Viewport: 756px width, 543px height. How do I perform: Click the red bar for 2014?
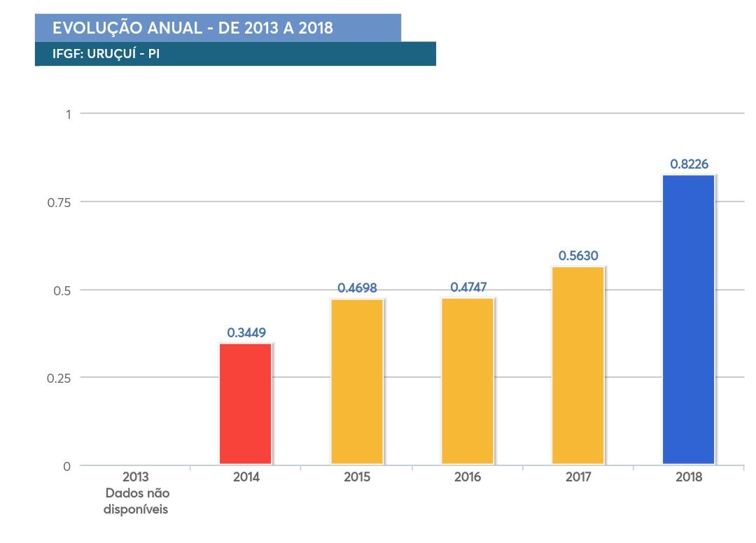(246, 404)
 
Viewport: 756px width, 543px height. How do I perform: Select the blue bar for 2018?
(688, 319)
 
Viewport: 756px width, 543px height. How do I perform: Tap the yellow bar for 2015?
(357, 381)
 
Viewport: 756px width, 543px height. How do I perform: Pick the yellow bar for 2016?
(468, 381)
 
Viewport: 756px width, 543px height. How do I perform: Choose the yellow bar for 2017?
(577, 365)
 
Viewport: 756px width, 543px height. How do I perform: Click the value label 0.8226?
(689, 164)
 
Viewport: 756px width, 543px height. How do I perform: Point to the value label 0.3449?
(246, 332)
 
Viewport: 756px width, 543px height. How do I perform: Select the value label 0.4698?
(357, 288)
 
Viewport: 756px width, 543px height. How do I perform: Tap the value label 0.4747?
(468, 287)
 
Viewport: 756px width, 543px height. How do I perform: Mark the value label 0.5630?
(577, 256)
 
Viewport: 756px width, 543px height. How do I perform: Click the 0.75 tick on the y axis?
(59, 202)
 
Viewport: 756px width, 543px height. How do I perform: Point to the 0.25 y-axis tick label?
(59, 378)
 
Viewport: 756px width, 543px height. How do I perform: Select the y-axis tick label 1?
(68, 114)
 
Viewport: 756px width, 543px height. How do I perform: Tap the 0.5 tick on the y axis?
(62, 290)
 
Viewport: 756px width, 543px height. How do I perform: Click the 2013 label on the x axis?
(136, 478)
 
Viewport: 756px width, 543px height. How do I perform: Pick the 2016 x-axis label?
(468, 478)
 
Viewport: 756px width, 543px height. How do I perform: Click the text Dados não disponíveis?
(136, 501)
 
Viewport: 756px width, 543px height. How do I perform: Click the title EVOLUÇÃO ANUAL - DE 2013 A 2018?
(192, 29)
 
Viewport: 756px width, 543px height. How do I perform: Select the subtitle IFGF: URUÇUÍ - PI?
(106, 54)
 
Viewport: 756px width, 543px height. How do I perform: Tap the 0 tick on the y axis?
(67, 466)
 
